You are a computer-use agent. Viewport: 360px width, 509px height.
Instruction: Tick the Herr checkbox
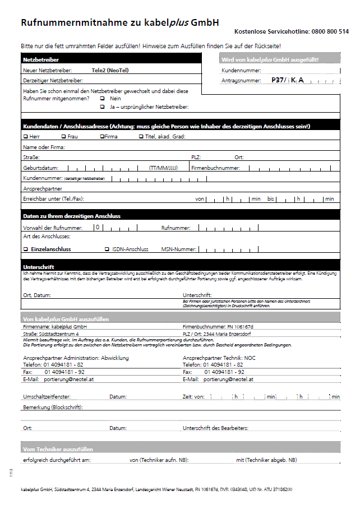[25, 136]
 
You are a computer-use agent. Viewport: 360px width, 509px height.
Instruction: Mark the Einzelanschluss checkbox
[25, 249]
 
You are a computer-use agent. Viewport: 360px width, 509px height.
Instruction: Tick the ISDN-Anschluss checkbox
[107, 249]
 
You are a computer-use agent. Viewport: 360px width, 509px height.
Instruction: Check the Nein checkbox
[102, 98]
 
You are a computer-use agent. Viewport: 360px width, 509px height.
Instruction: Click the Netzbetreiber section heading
[40, 59]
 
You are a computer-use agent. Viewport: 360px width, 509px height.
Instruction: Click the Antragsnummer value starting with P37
[287, 81]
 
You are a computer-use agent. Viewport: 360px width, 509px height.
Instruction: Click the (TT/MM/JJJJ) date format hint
[163, 168]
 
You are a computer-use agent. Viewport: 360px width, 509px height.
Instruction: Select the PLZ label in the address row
[196, 158]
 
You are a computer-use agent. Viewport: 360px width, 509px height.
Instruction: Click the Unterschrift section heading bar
[38, 267]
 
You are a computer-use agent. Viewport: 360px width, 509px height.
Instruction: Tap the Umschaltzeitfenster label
[47, 397]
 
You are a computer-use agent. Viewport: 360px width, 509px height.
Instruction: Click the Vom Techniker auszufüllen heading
[57, 449]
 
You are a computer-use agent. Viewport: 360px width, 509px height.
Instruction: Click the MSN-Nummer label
[178, 249]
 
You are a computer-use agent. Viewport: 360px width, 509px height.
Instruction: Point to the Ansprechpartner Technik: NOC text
[219, 358]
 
